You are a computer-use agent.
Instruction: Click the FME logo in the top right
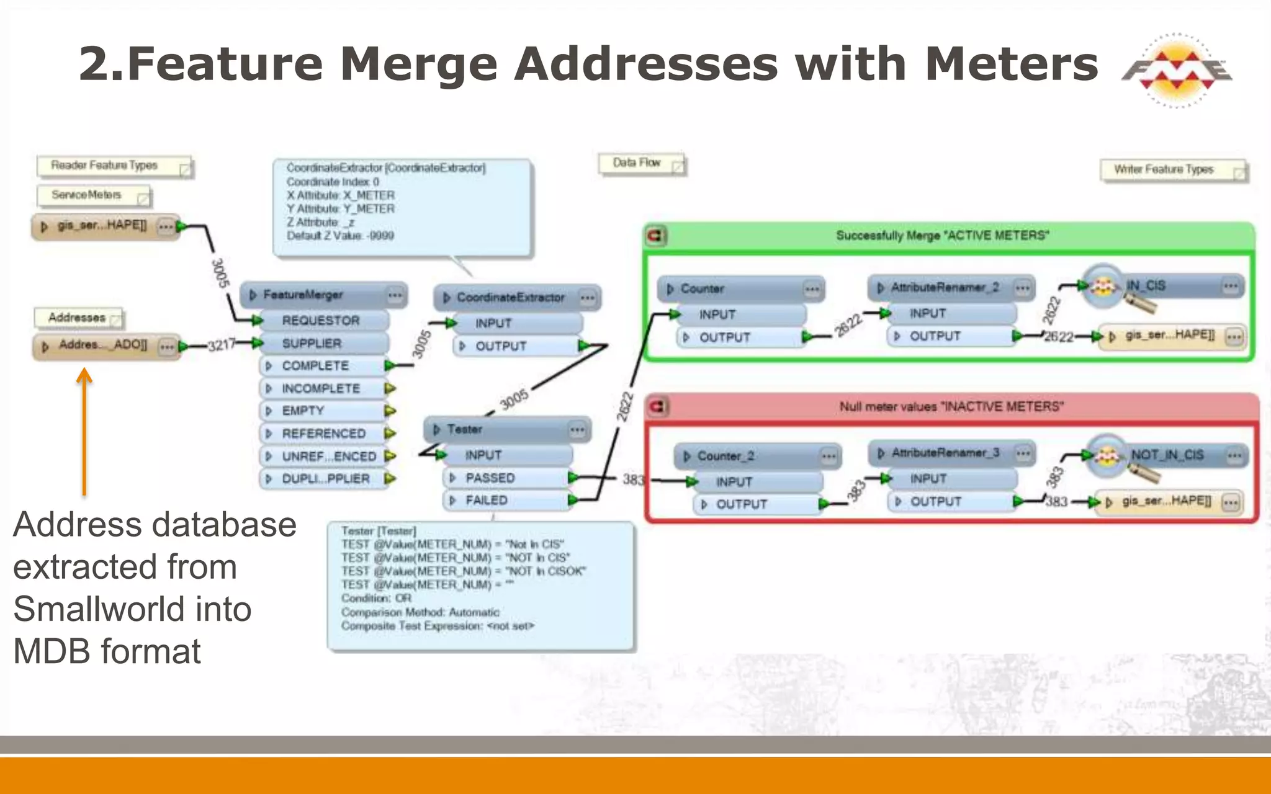[1176, 70]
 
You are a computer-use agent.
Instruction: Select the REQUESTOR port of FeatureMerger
[320, 321]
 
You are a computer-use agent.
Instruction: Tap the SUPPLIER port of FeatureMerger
[312, 344]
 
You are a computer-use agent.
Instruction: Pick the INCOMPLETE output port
[321, 389]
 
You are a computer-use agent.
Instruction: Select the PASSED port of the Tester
[490, 478]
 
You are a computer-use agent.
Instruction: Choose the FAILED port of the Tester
[487, 501]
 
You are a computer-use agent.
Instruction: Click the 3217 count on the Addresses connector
[221, 345]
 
